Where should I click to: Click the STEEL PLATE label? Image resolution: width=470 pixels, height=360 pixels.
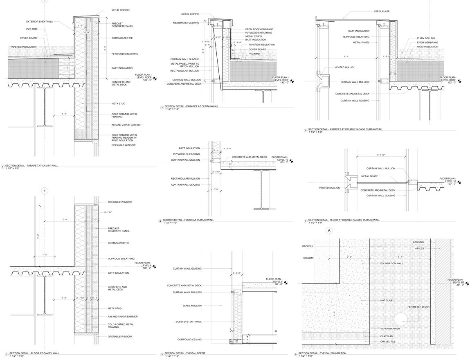[x=381, y=11]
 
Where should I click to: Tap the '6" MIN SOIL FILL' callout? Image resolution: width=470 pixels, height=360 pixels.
[x=426, y=38]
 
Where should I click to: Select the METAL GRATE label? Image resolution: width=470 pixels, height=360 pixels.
[x=369, y=176]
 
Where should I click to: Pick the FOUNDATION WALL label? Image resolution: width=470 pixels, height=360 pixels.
[x=391, y=263]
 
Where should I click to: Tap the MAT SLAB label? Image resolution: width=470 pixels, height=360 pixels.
[x=386, y=301]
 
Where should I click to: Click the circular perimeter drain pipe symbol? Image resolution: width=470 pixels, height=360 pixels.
[x=401, y=319]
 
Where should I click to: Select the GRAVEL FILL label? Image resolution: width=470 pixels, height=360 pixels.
[x=388, y=342]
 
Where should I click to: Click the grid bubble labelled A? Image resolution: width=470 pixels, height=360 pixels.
[x=329, y=231]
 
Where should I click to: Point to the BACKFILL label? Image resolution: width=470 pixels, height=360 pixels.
[x=308, y=246]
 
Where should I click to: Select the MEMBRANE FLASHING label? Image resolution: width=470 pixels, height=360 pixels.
[x=186, y=23]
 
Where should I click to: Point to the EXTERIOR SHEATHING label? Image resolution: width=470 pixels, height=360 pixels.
[x=39, y=22]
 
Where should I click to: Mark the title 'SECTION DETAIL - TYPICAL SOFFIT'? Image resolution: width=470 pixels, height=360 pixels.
[x=185, y=353]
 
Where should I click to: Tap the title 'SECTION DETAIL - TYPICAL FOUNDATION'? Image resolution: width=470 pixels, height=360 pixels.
[x=322, y=353]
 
